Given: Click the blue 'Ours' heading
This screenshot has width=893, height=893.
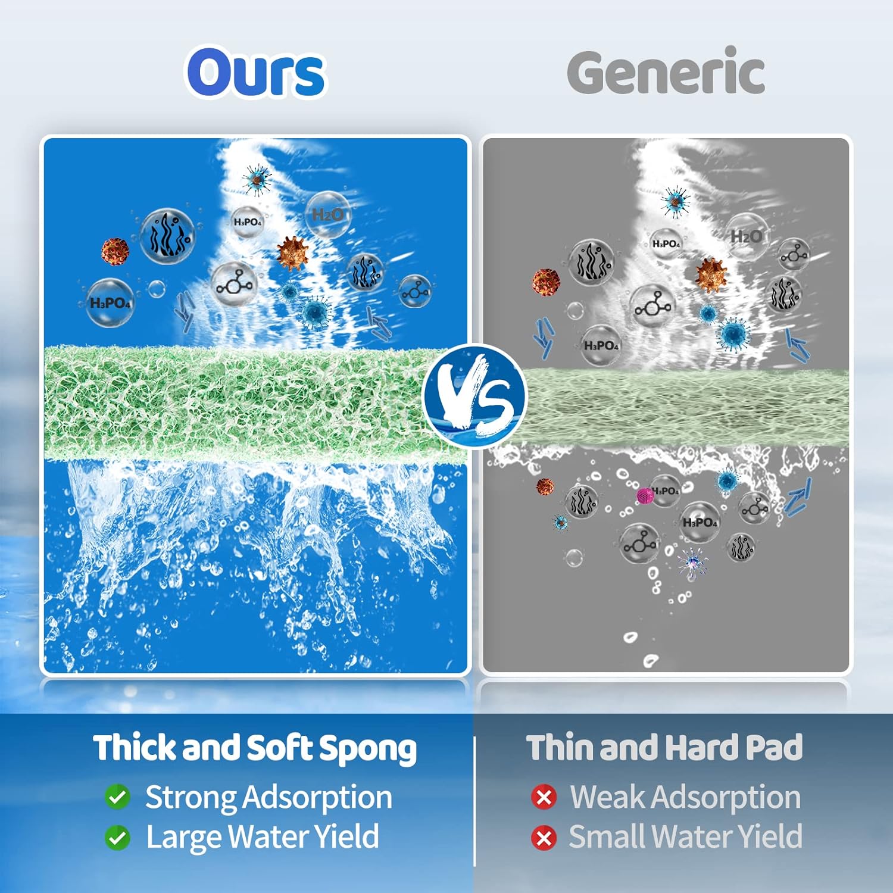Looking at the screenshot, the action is (x=256, y=73).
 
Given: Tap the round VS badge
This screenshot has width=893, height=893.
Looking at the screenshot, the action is (x=474, y=395).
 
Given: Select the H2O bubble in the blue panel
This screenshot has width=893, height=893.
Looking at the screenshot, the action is (x=327, y=215).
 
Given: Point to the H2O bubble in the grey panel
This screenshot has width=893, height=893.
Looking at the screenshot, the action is (x=746, y=236).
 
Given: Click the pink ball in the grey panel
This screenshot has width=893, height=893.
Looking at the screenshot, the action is (x=645, y=495).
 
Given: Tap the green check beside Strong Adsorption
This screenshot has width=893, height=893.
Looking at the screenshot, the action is (x=117, y=797).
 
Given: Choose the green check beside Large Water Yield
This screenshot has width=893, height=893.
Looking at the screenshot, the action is (x=117, y=838).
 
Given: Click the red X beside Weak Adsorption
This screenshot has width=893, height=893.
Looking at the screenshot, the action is (x=544, y=797).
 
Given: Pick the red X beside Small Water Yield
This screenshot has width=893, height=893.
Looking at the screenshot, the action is (x=544, y=838).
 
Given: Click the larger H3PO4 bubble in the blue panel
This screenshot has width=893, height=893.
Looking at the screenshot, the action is (x=110, y=302).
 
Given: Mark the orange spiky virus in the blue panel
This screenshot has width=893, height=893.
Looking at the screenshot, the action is (x=292, y=252).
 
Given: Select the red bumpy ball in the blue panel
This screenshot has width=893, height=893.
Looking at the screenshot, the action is (x=115, y=251).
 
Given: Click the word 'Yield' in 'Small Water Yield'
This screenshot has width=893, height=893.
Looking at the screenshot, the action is (x=770, y=836).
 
